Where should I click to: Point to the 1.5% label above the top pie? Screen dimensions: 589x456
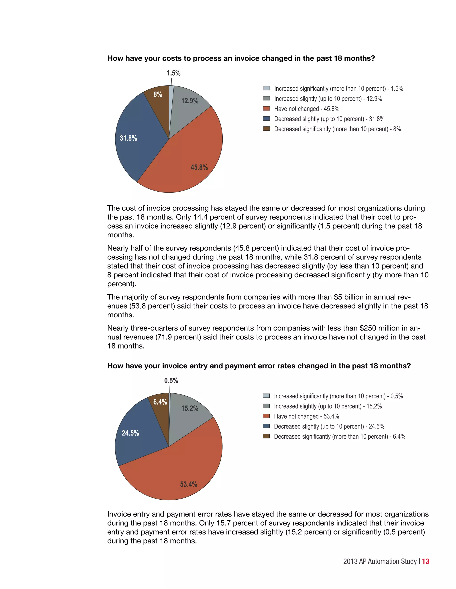click(173, 73)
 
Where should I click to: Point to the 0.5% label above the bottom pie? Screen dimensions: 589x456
click(171, 381)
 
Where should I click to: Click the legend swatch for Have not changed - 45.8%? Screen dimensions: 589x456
click(266, 108)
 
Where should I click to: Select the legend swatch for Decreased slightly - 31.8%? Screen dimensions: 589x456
click(266, 119)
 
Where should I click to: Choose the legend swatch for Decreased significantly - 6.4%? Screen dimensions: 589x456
click(266, 436)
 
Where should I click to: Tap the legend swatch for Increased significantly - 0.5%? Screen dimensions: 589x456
click(266, 396)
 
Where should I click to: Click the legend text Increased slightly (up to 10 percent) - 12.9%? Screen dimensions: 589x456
click(328, 99)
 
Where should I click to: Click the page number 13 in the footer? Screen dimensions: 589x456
click(425, 561)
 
